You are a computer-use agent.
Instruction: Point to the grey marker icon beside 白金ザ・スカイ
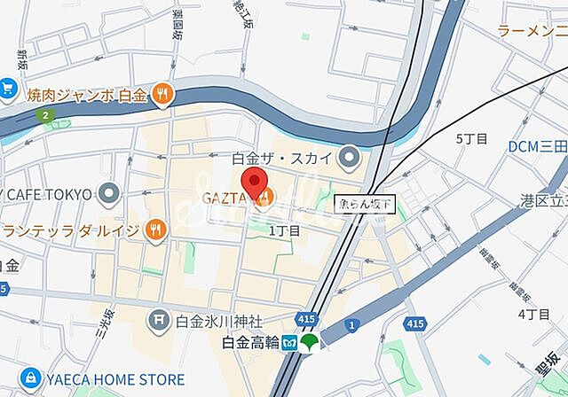[x=349, y=159]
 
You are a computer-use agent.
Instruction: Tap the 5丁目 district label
[x=471, y=139]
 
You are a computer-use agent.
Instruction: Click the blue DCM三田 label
[x=538, y=146]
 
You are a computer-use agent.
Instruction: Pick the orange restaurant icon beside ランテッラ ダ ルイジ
[x=155, y=230]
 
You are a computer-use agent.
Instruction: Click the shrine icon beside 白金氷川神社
[x=160, y=316]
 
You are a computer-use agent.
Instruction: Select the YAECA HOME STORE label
[x=112, y=377]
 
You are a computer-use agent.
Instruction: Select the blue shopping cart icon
[x=8, y=89]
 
